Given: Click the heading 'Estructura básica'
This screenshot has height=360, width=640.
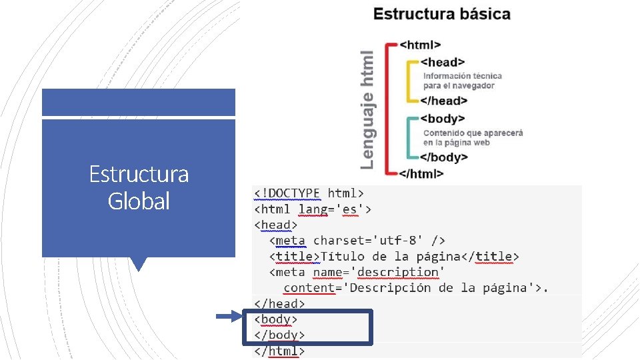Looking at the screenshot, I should (441, 14).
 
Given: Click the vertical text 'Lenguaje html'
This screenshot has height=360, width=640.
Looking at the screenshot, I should (367, 109).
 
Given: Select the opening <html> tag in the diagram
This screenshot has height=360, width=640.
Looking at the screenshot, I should (420, 45).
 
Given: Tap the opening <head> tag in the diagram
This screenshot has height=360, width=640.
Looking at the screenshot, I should (443, 62).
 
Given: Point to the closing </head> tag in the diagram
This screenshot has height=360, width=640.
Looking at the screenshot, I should (443, 101).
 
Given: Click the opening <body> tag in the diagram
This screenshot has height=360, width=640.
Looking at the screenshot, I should (443, 119).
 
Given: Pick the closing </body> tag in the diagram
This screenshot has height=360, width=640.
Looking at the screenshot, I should (444, 157).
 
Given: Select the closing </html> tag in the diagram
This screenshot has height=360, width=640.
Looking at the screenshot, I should (421, 173).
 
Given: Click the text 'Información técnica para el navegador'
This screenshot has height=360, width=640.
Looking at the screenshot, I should (462, 81).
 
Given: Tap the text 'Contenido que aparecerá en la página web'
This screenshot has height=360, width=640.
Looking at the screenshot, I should (473, 137).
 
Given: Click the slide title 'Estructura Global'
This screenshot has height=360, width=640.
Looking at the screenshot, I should (139, 187).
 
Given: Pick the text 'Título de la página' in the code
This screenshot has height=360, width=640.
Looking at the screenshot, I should (390, 256).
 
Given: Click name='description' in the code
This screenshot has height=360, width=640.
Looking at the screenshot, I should (376, 272).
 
